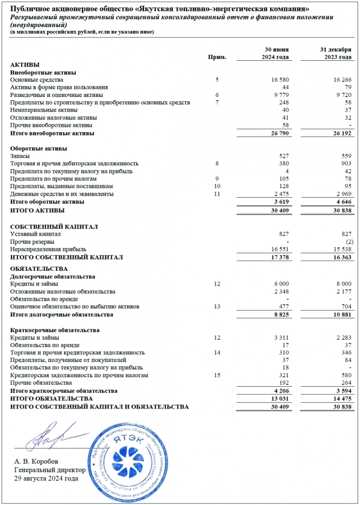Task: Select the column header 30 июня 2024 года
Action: (276, 53)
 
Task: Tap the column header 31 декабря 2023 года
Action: (336, 53)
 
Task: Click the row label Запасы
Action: (20, 156)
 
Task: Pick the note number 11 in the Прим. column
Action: (217, 194)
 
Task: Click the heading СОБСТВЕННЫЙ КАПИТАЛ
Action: (54, 227)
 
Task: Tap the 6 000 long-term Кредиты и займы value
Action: (280, 284)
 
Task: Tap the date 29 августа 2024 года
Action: (46, 478)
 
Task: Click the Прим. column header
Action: (217, 57)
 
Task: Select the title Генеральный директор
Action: (50, 470)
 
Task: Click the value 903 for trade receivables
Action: (345, 163)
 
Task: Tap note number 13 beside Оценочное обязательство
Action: (217, 306)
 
